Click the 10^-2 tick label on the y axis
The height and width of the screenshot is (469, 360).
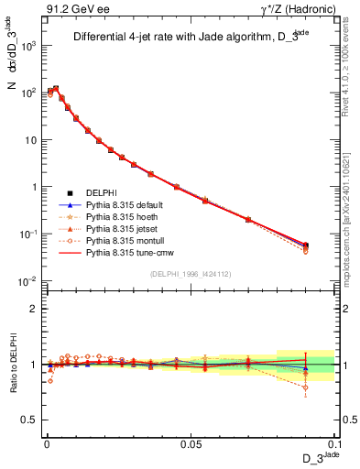coord(27,281)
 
